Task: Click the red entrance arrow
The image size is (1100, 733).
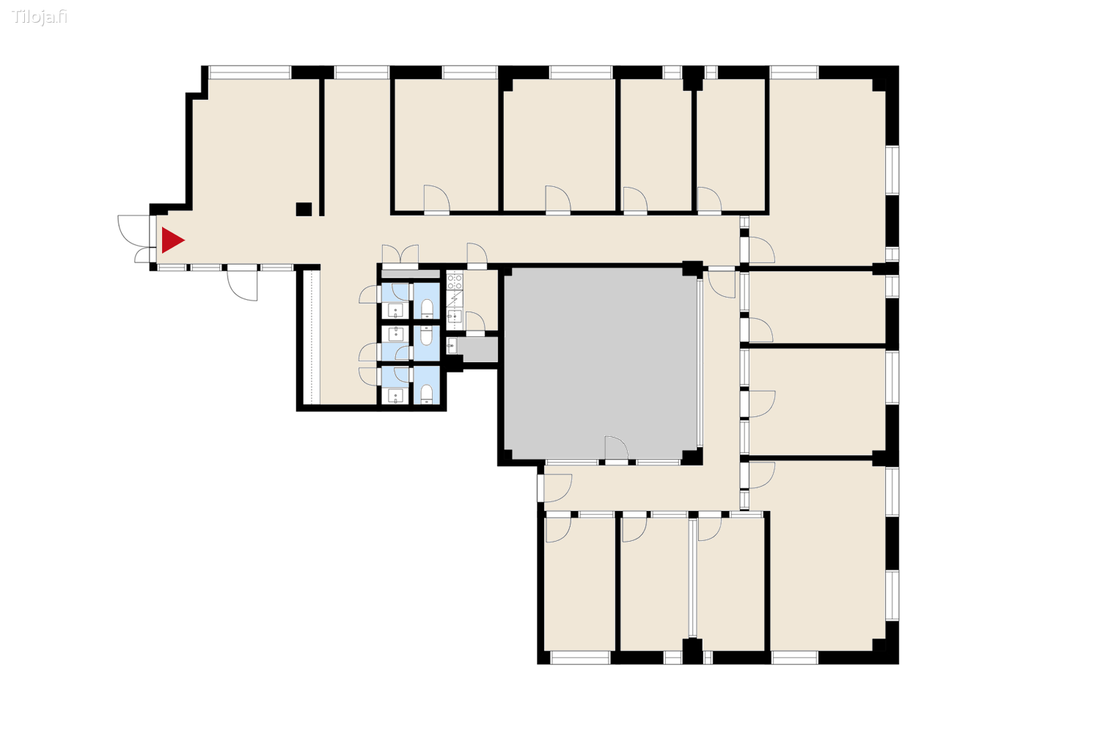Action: click(x=172, y=240)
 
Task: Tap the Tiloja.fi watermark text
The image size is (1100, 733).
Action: click(x=40, y=17)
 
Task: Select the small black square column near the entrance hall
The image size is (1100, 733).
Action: click(x=304, y=210)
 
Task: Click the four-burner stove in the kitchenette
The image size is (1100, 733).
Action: click(x=455, y=281)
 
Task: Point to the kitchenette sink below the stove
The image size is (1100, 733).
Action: click(x=455, y=316)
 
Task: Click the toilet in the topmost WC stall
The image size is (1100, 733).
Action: click(x=427, y=307)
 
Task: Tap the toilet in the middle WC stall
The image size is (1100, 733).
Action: click(x=426, y=336)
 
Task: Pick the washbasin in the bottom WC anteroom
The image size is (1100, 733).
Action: click(x=395, y=397)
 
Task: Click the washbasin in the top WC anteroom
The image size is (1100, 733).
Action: click(x=395, y=310)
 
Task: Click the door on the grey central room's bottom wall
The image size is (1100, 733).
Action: click(x=616, y=449)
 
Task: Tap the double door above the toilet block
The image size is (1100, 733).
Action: click(x=400, y=254)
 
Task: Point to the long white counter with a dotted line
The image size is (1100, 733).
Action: click(x=312, y=337)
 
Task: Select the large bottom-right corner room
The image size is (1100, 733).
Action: click(x=826, y=557)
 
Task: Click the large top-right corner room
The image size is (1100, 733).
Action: click(x=826, y=169)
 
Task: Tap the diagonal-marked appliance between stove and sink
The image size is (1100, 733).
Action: click(x=455, y=298)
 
